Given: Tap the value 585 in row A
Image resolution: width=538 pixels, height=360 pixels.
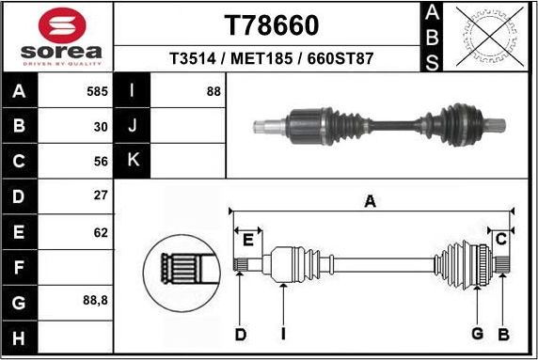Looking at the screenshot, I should [x=97, y=92].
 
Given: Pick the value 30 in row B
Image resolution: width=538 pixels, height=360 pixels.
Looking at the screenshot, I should [x=101, y=126].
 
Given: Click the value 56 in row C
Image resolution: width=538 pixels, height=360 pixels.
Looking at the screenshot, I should [x=101, y=161].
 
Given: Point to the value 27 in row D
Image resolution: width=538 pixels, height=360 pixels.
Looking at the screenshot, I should [x=101, y=196].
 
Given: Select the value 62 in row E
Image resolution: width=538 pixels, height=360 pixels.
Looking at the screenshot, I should [x=101, y=231].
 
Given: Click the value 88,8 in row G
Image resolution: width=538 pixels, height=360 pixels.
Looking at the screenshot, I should [x=96, y=302].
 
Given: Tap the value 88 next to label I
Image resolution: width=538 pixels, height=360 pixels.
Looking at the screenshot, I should [x=214, y=92].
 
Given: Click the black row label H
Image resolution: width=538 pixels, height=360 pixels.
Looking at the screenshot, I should [x=20, y=337].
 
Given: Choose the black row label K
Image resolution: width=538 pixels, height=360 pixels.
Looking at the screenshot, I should [x=133, y=161].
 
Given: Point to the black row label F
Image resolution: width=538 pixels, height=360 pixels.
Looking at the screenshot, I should [x=20, y=267].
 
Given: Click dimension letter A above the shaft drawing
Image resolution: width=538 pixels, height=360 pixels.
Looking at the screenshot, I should [x=371, y=200].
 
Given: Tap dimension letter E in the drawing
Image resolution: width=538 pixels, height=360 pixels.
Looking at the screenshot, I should [x=247, y=240].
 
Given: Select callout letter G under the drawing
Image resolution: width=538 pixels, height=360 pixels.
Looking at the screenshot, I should [x=477, y=334].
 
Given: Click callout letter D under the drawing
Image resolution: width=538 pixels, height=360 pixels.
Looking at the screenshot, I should [x=240, y=334].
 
